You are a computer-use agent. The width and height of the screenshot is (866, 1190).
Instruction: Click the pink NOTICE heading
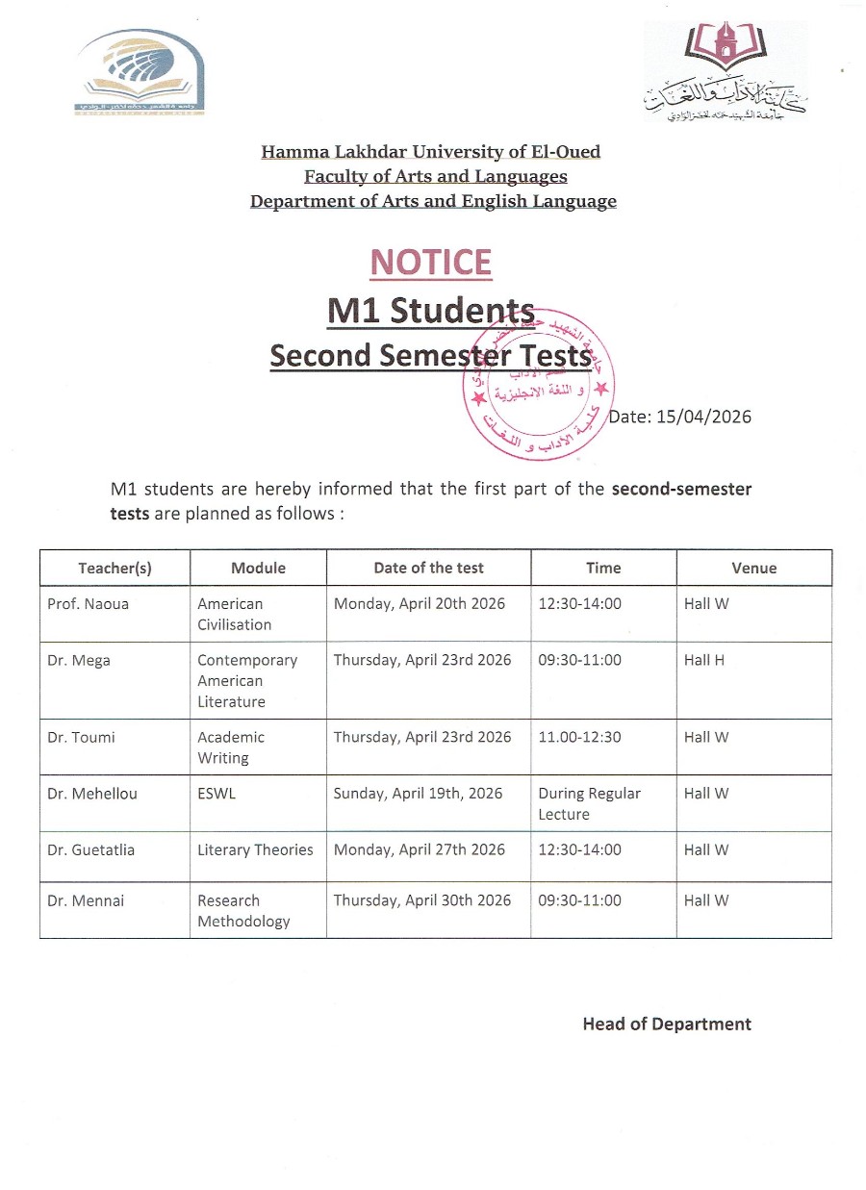pyautogui.click(x=431, y=263)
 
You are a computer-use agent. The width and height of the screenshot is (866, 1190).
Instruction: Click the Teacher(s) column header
pyautogui.click(x=115, y=568)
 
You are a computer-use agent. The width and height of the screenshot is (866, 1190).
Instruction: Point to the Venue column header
pyautogui.click(x=753, y=568)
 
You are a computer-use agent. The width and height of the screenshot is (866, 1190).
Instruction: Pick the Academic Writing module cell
pyautogui.click(x=231, y=747)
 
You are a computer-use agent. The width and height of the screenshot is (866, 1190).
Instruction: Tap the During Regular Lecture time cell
pyautogui.click(x=589, y=803)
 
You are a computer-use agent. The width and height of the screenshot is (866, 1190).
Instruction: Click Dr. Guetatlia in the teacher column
pyautogui.click(x=90, y=849)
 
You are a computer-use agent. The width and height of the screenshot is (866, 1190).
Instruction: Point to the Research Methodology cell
pyautogui.click(x=243, y=910)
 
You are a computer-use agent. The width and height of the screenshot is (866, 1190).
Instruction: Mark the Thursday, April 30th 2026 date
pyautogui.click(x=422, y=900)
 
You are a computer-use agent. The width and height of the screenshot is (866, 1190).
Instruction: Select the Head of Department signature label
pyautogui.click(x=667, y=1024)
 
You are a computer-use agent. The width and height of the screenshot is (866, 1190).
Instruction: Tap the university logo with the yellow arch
pyautogui.click(x=140, y=72)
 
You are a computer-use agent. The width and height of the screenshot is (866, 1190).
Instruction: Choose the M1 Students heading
pyautogui.click(x=431, y=310)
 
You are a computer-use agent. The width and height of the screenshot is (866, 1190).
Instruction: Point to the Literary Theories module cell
pyautogui.click(x=255, y=849)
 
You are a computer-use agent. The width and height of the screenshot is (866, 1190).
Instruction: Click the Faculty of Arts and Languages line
pyautogui.click(x=435, y=176)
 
